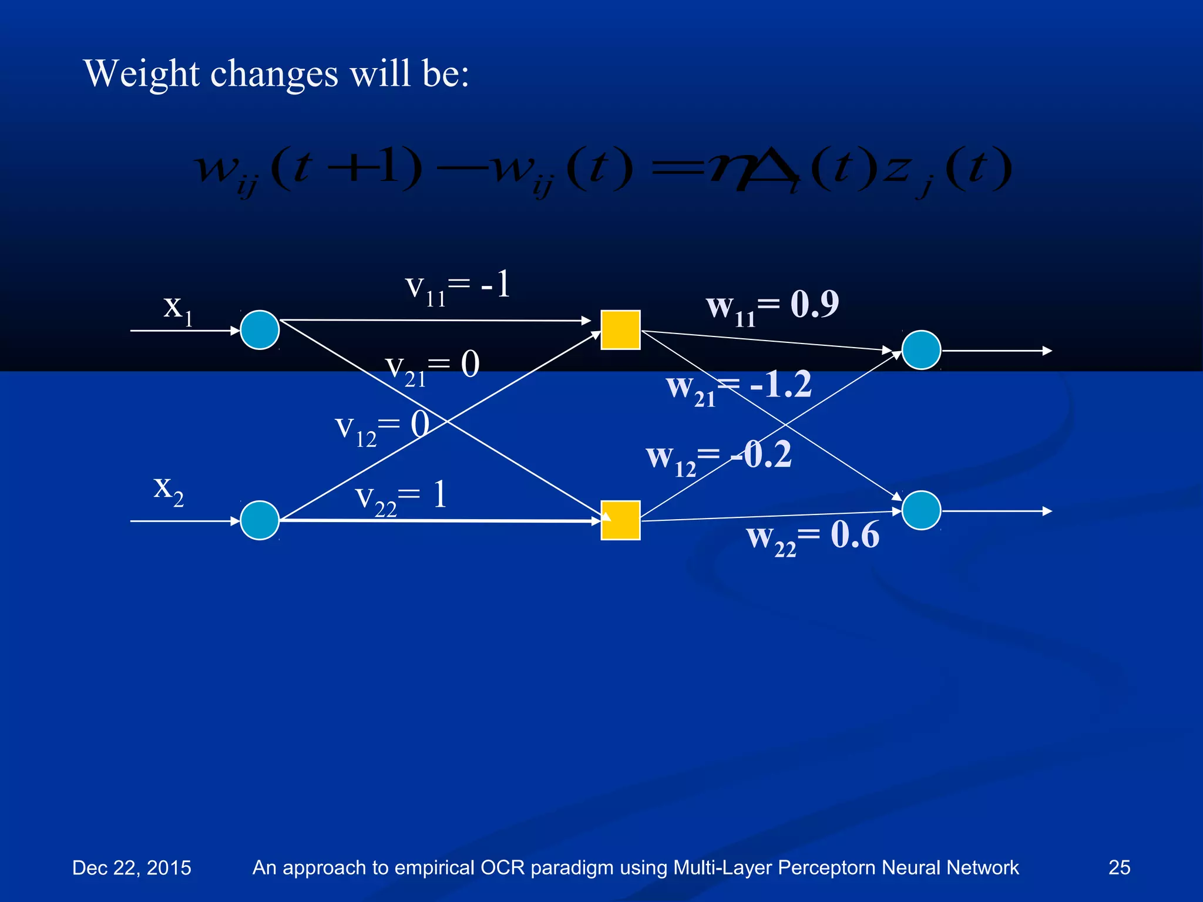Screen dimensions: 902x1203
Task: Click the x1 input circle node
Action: click(x=260, y=330)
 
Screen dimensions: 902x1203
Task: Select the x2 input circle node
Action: click(x=260, y=520)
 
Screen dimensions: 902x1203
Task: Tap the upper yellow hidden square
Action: click(x=620, y=330)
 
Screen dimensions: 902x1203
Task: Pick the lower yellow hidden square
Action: click(x=620, y=520)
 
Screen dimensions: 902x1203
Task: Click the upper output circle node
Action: click(x=921, y=350)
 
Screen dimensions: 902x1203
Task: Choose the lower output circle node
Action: click(x=921, y=510)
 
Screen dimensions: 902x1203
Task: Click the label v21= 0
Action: click(x=432, y=368)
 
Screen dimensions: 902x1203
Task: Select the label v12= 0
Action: click(x=382, y=428)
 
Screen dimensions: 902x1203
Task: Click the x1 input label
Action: click(x=177, y=309)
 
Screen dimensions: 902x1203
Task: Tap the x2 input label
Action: click(x=168, y=490)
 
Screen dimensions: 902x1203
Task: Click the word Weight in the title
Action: click(x=142, y=74)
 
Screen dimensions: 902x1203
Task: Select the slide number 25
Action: click(x=1119, y=867)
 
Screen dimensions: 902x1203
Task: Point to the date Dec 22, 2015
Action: click(x=132, y=867)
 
